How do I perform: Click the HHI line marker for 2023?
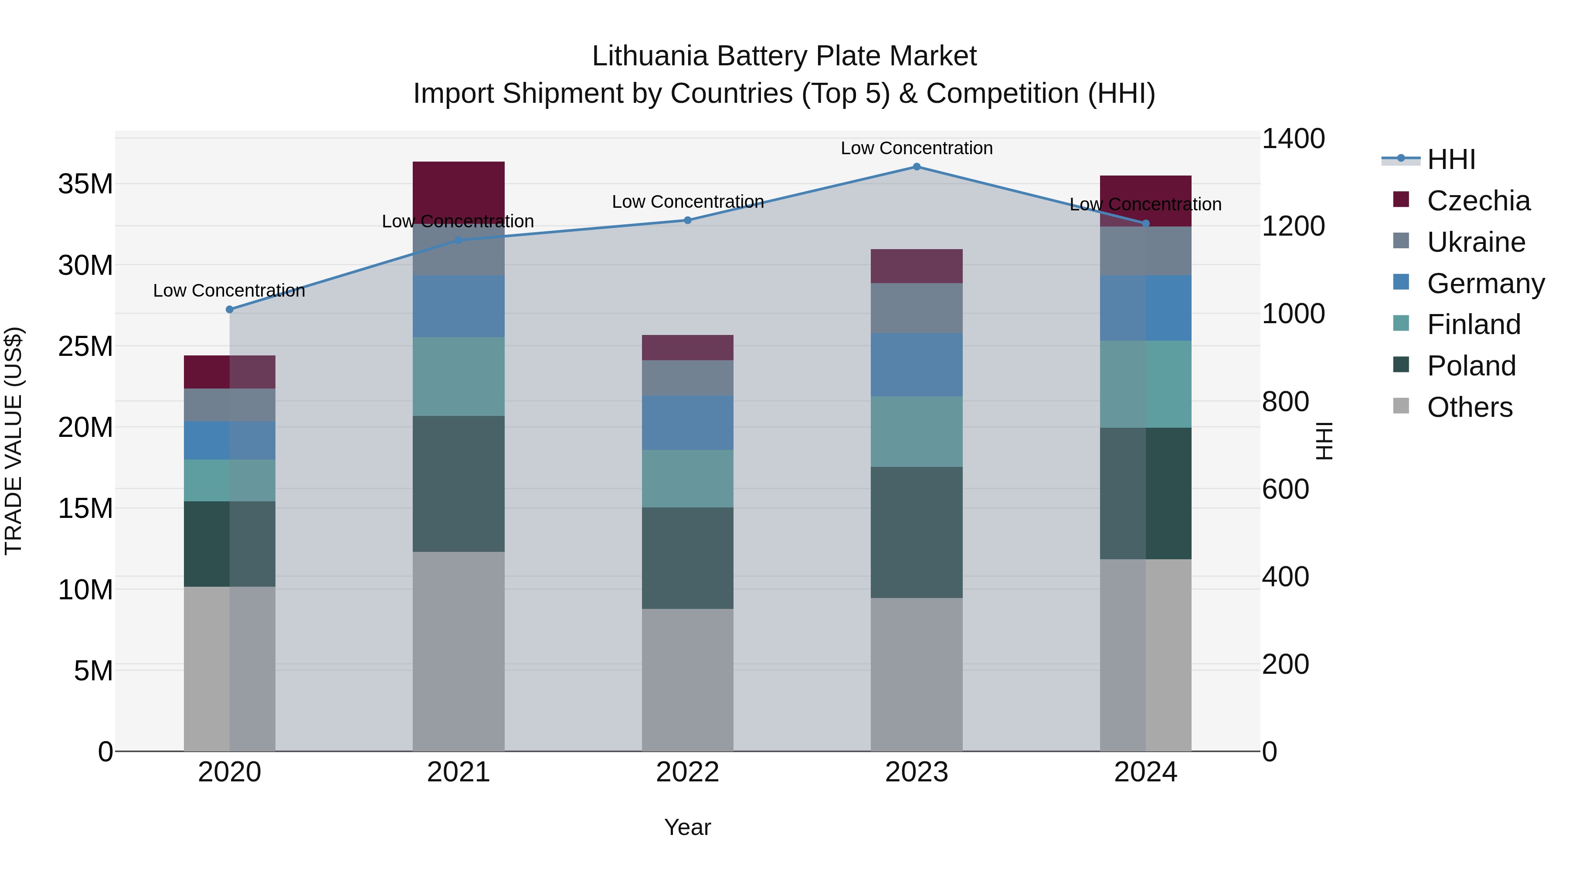(x=916, y=167)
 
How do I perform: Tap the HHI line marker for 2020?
(x=230, y=309)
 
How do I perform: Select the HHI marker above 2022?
(x=688, y=220)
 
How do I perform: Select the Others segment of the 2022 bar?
(x=688, y=679)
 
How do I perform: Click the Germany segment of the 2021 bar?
(x=458, y=306)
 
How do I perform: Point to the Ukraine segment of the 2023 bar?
(x=916, y=308)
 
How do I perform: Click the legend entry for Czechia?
(x=1477, y=201)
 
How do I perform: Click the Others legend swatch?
(x=1401, y=406)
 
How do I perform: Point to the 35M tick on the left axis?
(x=85, y=184)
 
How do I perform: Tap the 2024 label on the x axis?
(x=1145, y=772)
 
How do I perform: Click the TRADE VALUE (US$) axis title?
(x=14, y=441)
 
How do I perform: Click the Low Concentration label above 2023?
(x=916, y=148)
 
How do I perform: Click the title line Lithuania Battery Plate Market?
(x=784, y=56)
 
